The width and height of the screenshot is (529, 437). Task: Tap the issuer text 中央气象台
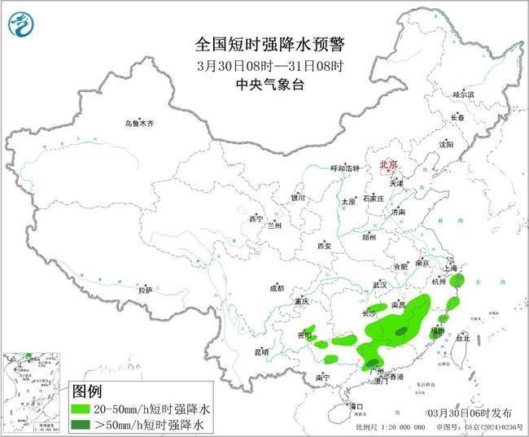[264, 83]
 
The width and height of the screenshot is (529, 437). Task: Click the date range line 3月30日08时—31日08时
[264, 64]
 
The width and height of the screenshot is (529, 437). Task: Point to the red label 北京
[387, 165]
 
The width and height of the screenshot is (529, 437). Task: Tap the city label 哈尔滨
[463, 95]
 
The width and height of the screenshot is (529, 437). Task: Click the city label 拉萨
[145, 290]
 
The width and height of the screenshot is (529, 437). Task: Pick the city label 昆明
[260, 352]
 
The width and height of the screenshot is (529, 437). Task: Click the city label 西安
[325, 245]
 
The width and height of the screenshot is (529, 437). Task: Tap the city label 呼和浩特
[344, 168]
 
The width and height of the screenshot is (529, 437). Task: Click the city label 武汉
[379, 285]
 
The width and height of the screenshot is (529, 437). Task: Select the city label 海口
[355, 405]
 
